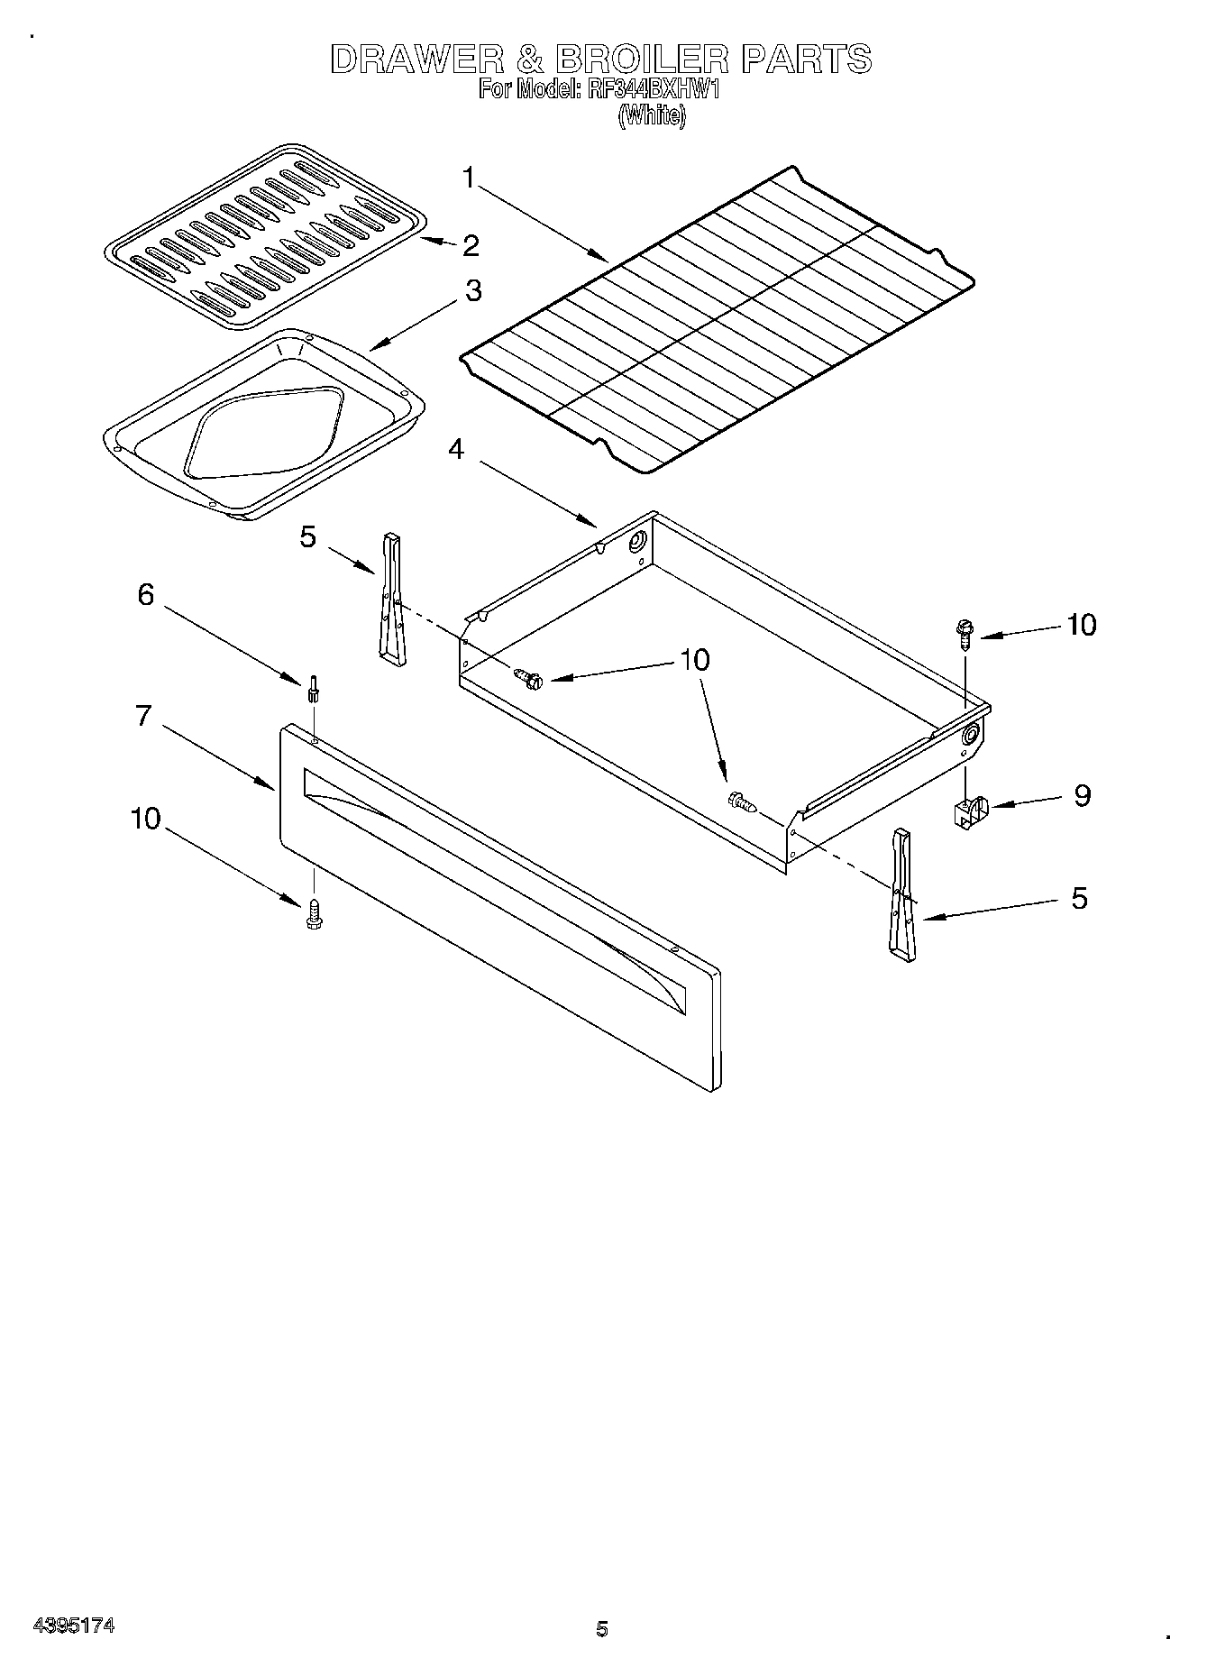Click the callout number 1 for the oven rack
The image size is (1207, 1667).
point(469,178)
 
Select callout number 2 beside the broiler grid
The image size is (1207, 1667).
point(471,245)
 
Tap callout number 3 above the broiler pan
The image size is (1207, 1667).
point(472,291)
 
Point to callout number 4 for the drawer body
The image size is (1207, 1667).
point(457,448)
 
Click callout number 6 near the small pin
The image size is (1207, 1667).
point(145,595)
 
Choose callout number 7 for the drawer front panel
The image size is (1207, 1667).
point(143,716)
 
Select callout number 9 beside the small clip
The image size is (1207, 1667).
point(1082,795)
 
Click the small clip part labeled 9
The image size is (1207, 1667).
point(968,809)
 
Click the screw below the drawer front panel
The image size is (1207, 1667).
point(314,913)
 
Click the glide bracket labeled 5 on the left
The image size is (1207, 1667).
point(392,600)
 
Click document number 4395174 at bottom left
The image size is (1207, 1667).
point(73,1626)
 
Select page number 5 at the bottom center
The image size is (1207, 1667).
point(602,1628)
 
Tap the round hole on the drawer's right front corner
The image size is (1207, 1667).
point(971,735)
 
